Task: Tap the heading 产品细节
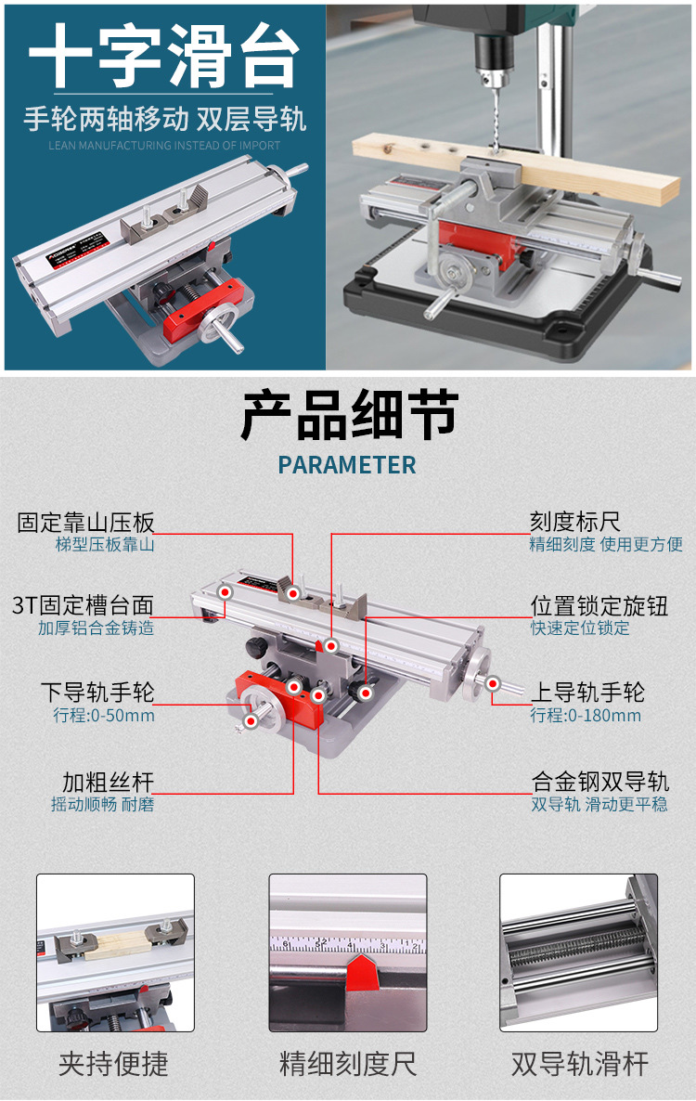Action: tap(349, 415)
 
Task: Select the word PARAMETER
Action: tap(348, 465)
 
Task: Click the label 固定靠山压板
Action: tap(86, 523)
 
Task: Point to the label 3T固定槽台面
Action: tap(84, 606)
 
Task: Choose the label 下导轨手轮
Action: tap(97, 693)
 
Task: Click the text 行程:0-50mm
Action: tap(104, 716)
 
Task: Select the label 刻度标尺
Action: tap(574, 523)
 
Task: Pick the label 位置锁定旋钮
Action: tap(599, 606)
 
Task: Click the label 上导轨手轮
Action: tap(587, 693)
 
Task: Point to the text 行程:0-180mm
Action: tap(586, 716)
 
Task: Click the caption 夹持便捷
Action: tap(114, 1064)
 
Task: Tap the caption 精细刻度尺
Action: tap(348, 1064)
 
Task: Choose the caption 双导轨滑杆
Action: tap(580, 1064)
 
